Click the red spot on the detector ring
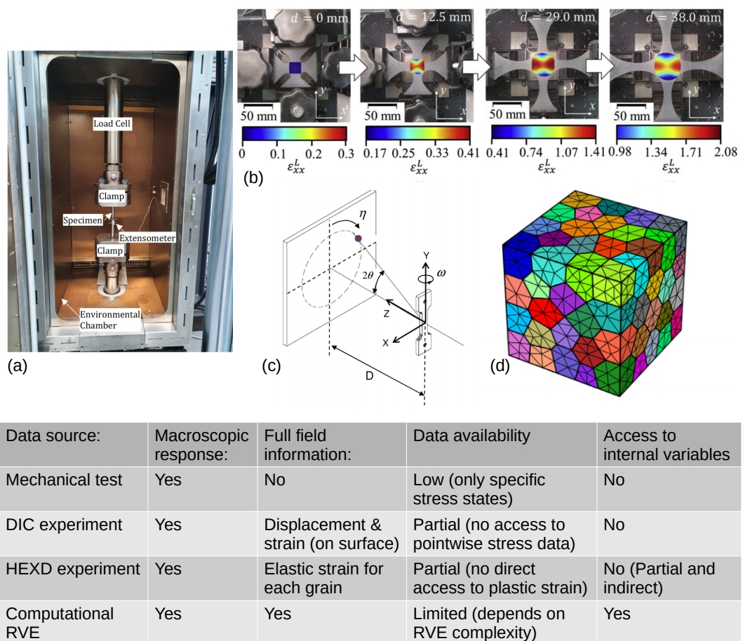point(359,239)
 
